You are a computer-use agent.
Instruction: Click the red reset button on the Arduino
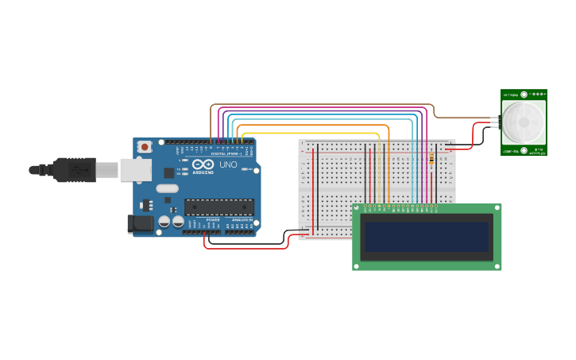pyautogui.click(x=145, y=146)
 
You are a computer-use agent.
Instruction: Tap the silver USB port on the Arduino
pyautogui.click(x=135, y=169)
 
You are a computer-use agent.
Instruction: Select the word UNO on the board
pyautogui.click(x=228, y=165)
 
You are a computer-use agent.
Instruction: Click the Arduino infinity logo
pyautogui.click(x=203, y=164)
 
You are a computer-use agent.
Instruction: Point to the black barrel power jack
pyautogui.click(x=141, y=224)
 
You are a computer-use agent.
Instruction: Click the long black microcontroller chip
pyautogui.click(x=219, y=207)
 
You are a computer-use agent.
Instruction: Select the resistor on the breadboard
pyautogui.click(x=431, y=159)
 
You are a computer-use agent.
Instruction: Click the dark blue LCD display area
pyautogui.click(x=427, y=237)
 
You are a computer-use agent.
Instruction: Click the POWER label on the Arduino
pyautogui.click(x=213, y=220)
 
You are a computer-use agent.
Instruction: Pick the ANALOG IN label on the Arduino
pyautogui.click(x=242, y=220)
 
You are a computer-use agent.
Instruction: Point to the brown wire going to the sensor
pyautogui.click(x=318, y=103)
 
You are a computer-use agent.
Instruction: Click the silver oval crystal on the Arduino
pyautogui.click(x=168, y=188)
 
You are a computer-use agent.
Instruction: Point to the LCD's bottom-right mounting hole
pyautogui.click(x=497, y=265)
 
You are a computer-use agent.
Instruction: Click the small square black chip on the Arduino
pyautogui.click(x=169, y=172)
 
